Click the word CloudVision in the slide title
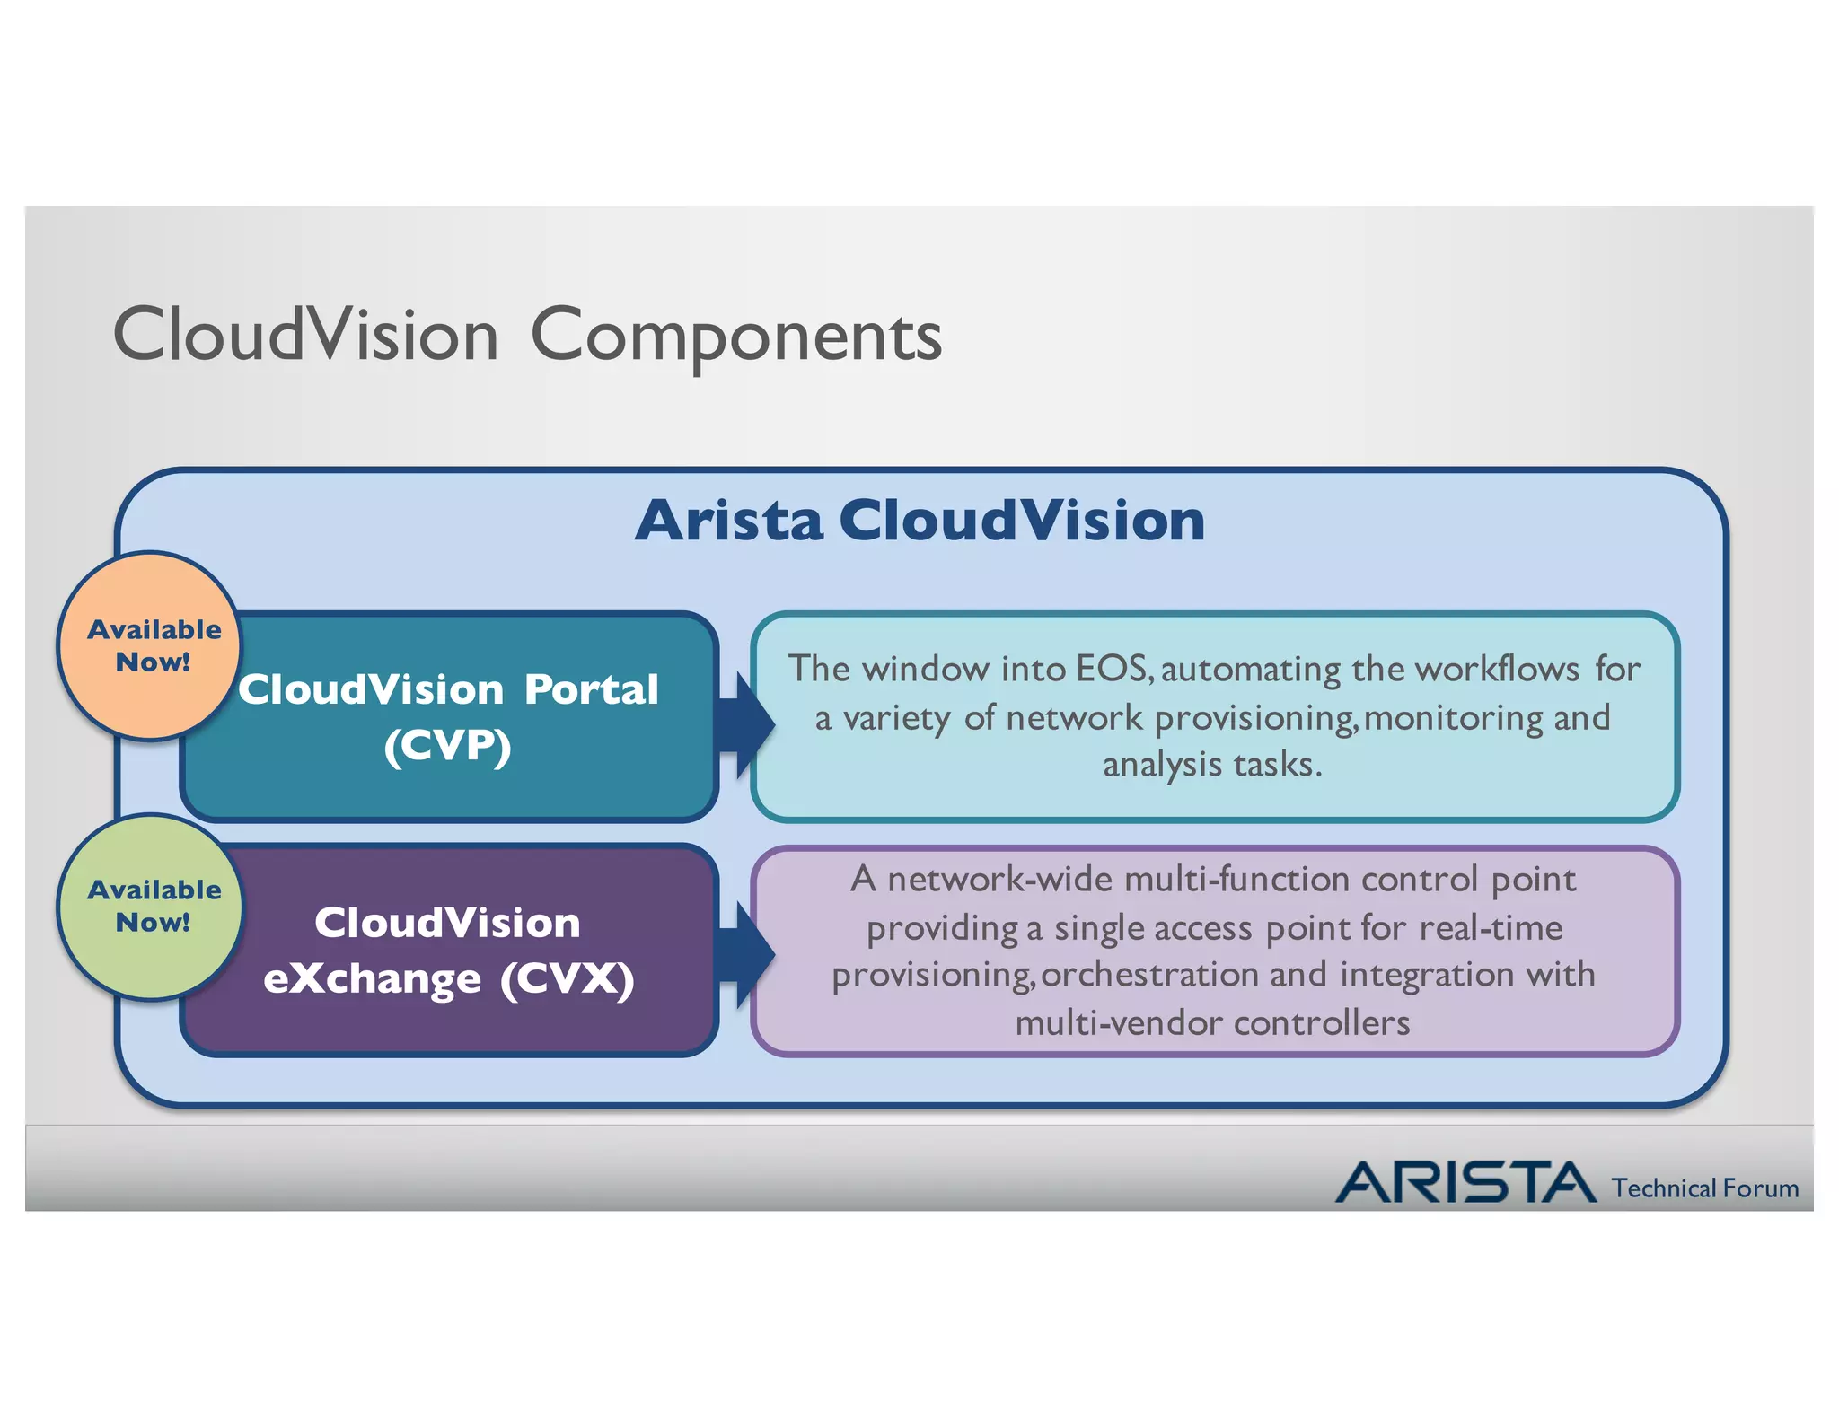(305, 335)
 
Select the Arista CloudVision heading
(919, 521)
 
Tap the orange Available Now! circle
(151, 645)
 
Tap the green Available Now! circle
(151, 906)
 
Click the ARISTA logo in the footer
(1465, 1182)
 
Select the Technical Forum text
(1704, 1188)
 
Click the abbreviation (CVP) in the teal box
(447, 746)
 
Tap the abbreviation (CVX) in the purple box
(567, 978)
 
